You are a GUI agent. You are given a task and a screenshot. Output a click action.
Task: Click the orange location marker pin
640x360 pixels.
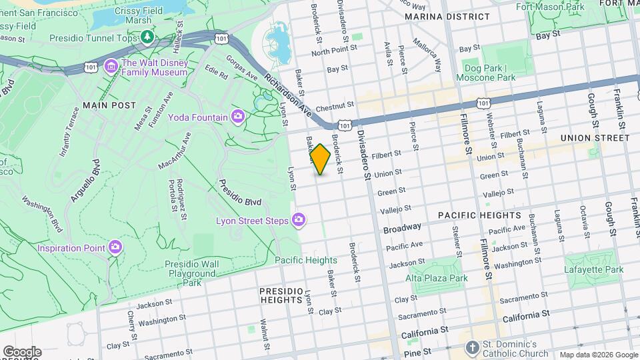pyautogui.click(x=321, y=159)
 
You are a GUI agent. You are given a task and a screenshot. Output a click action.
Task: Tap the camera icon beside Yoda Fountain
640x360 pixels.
pyautogui.click(x=238, y=117)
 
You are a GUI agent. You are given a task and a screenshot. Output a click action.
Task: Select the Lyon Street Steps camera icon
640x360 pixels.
pyautogui.click(x=299, y=220)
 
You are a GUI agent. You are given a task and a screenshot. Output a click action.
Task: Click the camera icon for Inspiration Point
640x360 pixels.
pyautogui.click(x=116, y=247)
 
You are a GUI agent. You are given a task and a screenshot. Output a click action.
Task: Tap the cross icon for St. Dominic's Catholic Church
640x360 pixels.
pyautogui.click(x=472, y=348)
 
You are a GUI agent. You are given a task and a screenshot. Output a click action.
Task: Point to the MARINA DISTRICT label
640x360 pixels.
pyautogui.click(x=447, y=17)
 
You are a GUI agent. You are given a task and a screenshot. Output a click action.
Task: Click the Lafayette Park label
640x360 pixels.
pyautogui.click(x=595, y=269)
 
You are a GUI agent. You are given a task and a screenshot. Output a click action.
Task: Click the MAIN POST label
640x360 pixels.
pyautogui.click(x=109, y=105)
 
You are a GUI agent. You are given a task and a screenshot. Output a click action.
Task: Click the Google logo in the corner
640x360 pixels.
pyautogui.click(x=21, y=352)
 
